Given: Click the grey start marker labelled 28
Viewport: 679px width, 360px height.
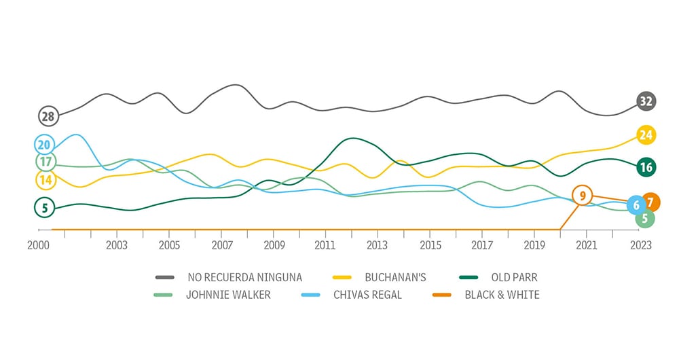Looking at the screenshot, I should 48,116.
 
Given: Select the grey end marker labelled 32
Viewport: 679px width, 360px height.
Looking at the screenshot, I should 646,102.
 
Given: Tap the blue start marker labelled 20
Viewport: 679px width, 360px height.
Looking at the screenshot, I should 45,144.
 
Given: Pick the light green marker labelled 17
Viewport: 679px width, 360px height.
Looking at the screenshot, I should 45,162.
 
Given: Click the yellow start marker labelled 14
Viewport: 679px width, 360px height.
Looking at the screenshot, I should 45,180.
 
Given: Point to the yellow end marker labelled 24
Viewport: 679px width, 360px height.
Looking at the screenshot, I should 646,135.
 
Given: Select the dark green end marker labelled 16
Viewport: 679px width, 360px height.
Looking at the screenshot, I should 646,167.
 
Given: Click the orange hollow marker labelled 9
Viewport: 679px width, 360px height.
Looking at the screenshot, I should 582,196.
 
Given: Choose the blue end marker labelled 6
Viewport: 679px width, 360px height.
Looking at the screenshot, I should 636,205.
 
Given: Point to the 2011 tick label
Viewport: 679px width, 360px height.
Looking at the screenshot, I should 325,245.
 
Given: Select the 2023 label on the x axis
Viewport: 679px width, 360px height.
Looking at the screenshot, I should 639,245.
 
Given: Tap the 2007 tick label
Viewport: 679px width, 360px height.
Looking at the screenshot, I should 221,245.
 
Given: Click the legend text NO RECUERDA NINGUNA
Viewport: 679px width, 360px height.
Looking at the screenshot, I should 244,277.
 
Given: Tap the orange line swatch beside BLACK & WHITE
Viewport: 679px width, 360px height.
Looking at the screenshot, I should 441,295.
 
